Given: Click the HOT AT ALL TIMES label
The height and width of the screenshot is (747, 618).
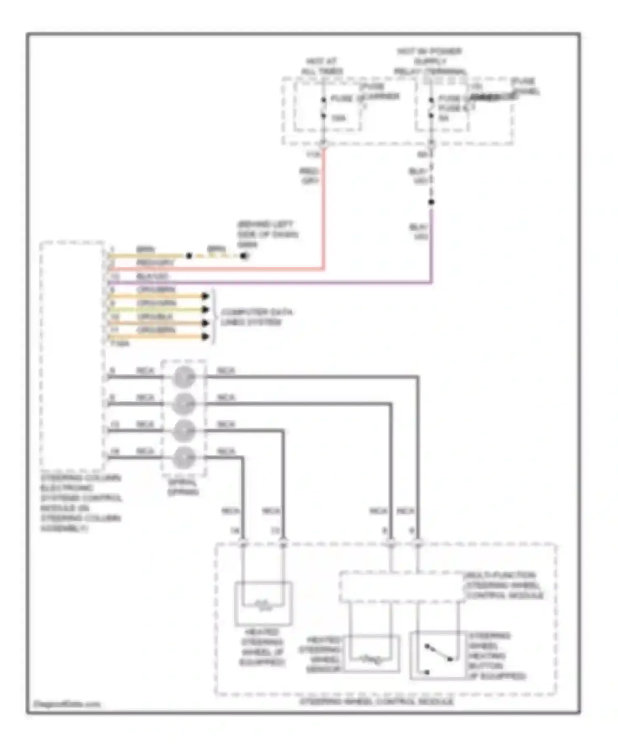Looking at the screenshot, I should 322,66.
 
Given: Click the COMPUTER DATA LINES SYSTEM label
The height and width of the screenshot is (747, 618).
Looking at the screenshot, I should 256,317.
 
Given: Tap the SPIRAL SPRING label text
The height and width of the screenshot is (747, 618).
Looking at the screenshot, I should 183,487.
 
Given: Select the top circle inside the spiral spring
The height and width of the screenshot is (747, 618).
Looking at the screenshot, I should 183,377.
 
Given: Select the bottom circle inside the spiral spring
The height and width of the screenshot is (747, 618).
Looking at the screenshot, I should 183,458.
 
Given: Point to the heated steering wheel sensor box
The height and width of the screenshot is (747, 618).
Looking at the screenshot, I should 372,654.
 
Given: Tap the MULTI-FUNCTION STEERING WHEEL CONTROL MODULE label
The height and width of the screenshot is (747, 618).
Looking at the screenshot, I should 504,585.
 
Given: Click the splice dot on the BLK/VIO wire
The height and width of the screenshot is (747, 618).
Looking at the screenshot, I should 431,202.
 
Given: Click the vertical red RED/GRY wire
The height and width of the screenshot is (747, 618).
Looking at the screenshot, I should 324,214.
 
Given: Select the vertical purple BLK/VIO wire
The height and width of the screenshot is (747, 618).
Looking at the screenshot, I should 431,247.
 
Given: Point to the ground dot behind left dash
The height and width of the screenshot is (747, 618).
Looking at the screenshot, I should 244,256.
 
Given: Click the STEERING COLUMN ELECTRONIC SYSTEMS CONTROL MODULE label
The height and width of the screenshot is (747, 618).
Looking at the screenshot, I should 81,503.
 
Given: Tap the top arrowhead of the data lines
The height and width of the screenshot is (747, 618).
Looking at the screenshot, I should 205,296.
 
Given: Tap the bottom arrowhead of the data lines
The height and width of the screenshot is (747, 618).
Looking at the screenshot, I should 205,337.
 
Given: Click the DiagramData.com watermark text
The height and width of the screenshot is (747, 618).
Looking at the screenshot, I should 67,704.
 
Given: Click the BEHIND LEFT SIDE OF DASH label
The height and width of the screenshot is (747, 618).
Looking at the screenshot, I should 267,234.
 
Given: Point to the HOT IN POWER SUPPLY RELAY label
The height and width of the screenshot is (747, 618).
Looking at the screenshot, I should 429,61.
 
